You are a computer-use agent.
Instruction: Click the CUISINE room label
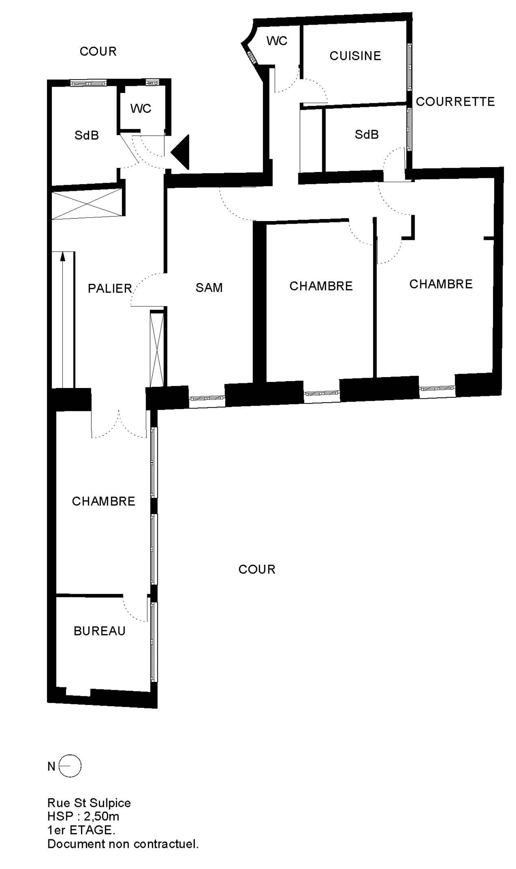pyautogui.click(x=355, y=56)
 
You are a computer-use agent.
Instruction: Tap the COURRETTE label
pyautogui.click(x=455, y=102)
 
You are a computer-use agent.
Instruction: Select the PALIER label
pyautogui.click(x=110, y=288)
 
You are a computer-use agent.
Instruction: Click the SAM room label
pyautogui.click(x=209, y=288)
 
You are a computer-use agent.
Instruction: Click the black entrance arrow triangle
pyautogui.click(x=180, y=152)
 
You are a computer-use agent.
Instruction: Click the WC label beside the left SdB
pyautogui.click(x=141, y=108)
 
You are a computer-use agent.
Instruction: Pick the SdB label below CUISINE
pyautogui.click(x=366, y=135)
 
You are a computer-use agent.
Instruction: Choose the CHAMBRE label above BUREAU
pyautogui.click(x=103, y=501)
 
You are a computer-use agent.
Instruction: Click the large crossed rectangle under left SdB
pyautogui.click(x=87, y=204)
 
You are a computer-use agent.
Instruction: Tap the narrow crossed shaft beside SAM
pyautogui.click(x=157, y=350)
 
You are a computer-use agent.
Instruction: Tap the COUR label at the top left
pyautogui.click(x=98, y=51)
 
